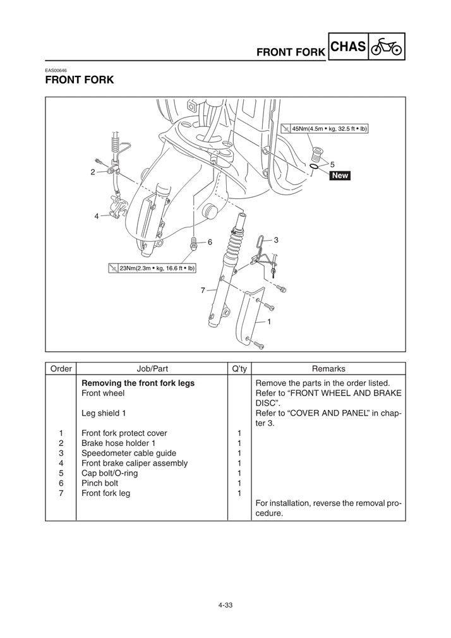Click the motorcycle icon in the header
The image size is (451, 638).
click(x=387, y=47)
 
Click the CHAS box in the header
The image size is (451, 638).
click(x=348, y=47)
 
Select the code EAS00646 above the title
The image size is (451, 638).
click(x=56, y=70)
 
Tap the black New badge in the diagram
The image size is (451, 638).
click(x=340, y=176)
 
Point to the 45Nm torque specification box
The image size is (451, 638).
click(x=324, y=128)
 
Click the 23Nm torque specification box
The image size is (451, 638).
click(x=152, y=268)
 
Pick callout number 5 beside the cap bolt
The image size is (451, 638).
click(x=332, y=164)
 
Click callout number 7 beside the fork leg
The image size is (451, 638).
click(x=203, y=291)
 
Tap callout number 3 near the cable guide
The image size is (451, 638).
click(x=276, y=241)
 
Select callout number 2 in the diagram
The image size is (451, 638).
click(x=93, y=172)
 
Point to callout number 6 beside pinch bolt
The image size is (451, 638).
click(x=210, y=242)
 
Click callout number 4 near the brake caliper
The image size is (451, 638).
click(x=97, y=216)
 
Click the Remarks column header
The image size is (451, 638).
click(x=328, y=369)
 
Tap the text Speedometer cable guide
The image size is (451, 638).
click(x=129, y=453)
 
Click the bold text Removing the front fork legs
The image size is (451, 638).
click(x=138, y=383)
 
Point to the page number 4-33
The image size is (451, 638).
click(x=225, y=605)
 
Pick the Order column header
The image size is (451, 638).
click(x=61, y=369)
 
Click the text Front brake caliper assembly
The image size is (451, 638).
click(x=135, y=463)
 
